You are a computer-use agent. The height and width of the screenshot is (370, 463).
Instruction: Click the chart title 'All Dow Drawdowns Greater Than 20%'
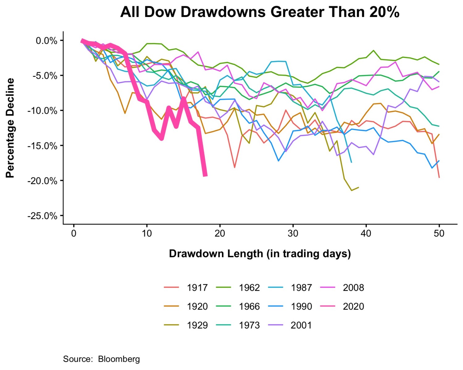pyautogui.click(x=260, y=12)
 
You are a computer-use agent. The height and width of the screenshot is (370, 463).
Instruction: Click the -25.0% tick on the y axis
pyautogui.click(x=42, y=216)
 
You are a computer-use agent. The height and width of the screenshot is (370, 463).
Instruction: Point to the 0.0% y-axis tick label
pyautogui.click(x=46, y=41)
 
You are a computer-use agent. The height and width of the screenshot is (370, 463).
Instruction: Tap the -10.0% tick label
pyautogui.click(x=42, y=111)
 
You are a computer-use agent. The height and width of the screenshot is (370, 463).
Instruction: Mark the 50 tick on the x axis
pyautogui.click(x=439, y=233)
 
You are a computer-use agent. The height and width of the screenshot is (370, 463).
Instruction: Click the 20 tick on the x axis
pyautogui.click(x=220, y=233)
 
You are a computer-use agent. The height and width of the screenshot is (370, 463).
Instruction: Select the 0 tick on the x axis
pyautogui.click(x=74, y=233)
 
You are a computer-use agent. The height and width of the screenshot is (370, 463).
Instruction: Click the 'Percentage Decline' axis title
pyautogui.click(x=10, y=128)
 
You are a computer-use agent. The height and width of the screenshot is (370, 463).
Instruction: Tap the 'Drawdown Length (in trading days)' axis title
pyautogui.click(x=260, y=254)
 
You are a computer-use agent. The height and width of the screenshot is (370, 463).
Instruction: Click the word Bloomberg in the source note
pyautogui.click(x=119, y=359)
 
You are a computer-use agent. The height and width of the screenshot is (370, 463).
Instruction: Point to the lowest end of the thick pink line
pyautogui.click(x=205, y=175)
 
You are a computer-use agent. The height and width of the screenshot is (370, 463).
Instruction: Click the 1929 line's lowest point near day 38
pyautogui.click(x=352, y=190)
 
